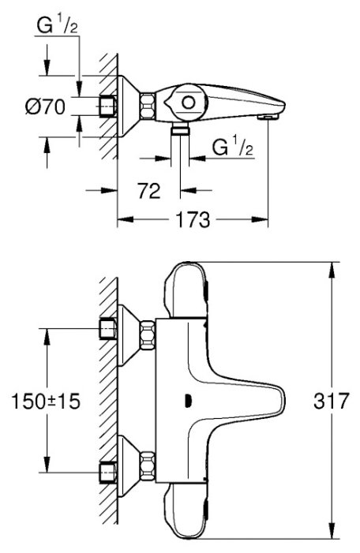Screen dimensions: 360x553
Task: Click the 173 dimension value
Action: (x=193, y=219)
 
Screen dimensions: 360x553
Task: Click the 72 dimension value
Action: (x=148, y=191)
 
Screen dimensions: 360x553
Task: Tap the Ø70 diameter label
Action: (x=45, y=106)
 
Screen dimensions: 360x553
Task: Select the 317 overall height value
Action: (x=331, y=401)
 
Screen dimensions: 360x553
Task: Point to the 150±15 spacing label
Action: (x=46, y=401)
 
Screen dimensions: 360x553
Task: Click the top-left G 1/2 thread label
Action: (x=57, y=25)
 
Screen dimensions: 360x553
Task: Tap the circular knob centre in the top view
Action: (x=188, y=103)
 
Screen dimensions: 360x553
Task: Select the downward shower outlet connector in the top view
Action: (x=180, y=129)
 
